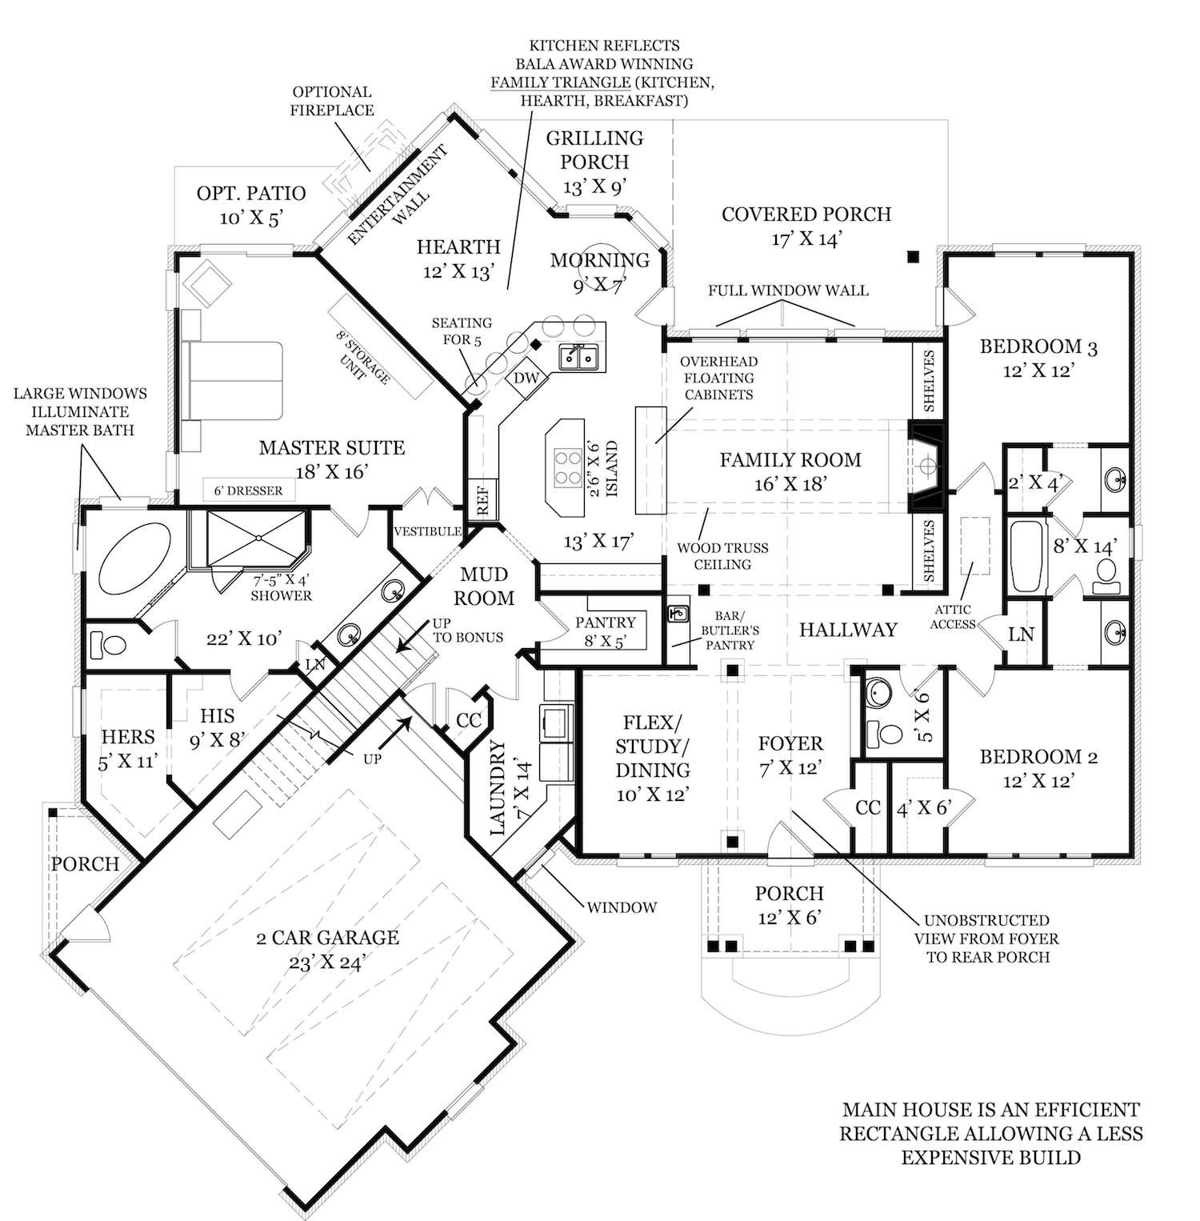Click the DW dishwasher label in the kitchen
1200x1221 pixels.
coord(526,378)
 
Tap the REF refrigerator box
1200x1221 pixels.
coord(482,500)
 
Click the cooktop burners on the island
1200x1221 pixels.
coord(568,467)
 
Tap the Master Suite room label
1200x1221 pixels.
coord(331,459)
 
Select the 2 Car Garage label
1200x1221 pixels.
coord(328,949)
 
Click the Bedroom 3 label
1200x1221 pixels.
coord(1038,358)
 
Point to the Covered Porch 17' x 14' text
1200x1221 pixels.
coord(806,226)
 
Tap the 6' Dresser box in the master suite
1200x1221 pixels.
coord(248,490)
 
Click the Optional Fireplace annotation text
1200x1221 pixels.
coord(332,101)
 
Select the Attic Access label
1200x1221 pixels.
coord(953,617)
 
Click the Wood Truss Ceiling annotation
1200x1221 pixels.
coord(722,556)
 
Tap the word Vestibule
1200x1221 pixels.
coord(427,531)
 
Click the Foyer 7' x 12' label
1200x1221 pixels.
coord(790,755)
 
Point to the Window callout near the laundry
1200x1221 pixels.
coord(622,907)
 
